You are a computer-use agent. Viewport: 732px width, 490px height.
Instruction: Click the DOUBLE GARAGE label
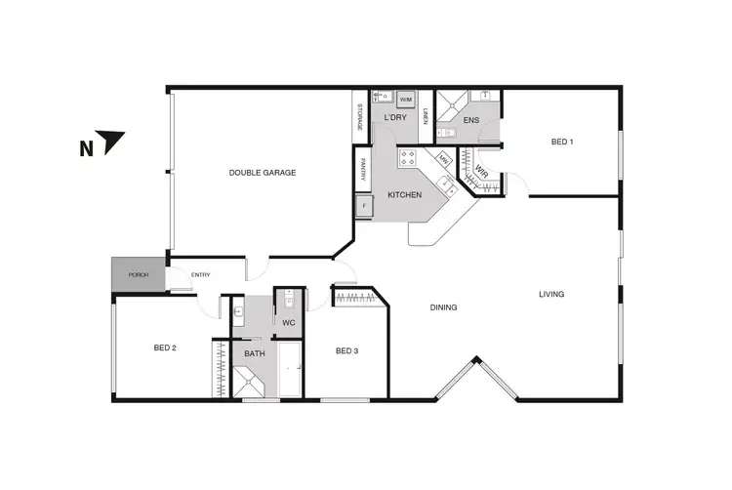[263, 173]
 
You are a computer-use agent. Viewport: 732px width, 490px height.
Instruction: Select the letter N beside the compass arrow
[86, 149]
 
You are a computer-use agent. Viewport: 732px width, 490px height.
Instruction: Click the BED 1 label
[562, 143]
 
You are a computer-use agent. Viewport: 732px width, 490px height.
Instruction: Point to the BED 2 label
[164, 348]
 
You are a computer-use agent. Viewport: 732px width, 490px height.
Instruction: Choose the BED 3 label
[347, 351]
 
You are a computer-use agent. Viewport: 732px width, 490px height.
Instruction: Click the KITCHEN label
[404, 196]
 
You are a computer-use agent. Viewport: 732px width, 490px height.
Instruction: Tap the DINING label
[444, 307]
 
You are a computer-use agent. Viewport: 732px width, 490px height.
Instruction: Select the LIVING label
[551, 294]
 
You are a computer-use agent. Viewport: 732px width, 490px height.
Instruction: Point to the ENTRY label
[201, 274]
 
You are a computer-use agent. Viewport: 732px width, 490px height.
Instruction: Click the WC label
[288, 322]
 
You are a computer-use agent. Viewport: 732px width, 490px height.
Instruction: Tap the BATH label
[255, 353]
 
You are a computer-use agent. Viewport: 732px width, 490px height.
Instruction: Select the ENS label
[471, 120]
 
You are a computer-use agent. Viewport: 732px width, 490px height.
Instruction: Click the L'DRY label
[394, 118]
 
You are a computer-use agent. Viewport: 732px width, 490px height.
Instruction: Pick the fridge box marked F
[364, 206]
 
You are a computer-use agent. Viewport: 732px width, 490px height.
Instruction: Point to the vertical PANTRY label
[362, 170]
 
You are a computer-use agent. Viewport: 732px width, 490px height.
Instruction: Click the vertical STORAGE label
[359, 114]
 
